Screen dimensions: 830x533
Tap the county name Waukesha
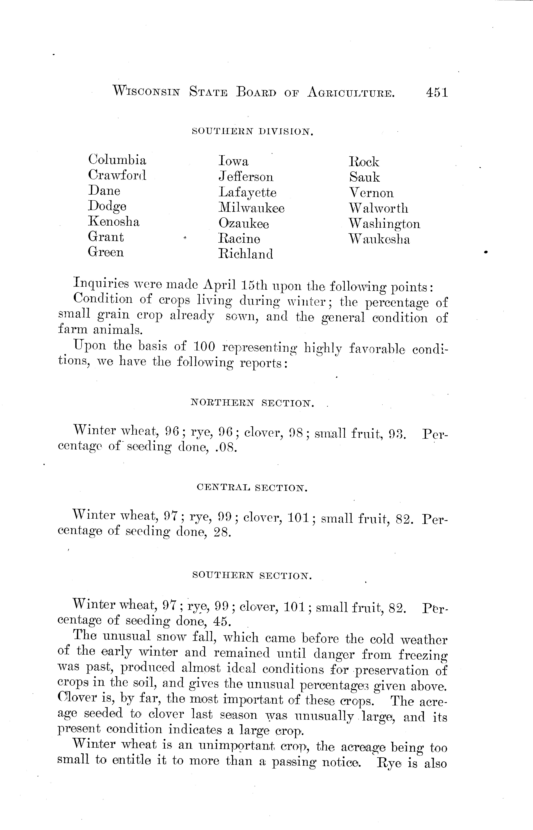[x=379, y=239]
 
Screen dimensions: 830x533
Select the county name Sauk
[x=364, y=177]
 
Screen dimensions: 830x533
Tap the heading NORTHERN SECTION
[x=253, y=403]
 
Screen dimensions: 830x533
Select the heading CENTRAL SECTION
[x=252, y=488]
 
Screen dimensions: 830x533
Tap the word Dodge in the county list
[x=107, y=206]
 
